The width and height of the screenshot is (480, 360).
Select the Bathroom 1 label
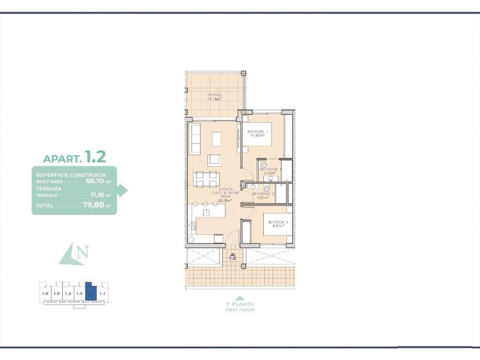coord(271,170)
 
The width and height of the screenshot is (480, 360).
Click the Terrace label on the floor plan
coord(215,95)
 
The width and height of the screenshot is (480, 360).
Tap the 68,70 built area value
coord(94,181)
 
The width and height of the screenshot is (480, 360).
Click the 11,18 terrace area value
coord(98,195)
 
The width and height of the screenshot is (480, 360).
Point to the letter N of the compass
coord(83,253)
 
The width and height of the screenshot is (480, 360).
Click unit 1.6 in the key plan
coord(45,294)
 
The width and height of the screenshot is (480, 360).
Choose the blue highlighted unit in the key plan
coord(90,292)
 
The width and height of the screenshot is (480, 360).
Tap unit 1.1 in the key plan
coord(102,294)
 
